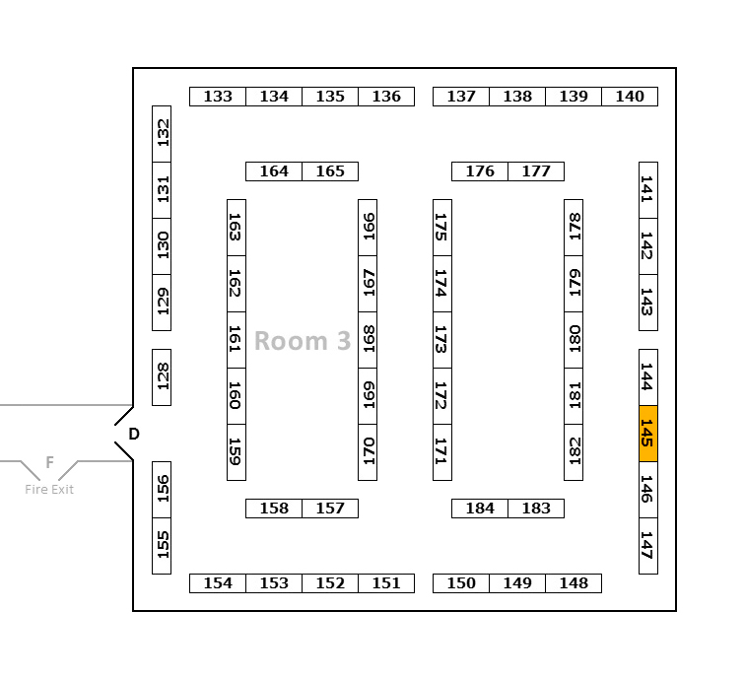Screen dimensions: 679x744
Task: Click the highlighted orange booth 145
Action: [x=647, y=433]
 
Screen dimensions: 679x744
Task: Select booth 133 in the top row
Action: [x=218, y=97]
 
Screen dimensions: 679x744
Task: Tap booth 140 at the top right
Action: [x=630, y=97]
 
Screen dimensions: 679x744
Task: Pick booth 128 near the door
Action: [x=162, y=376]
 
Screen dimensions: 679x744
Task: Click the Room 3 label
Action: [x=303, y=341]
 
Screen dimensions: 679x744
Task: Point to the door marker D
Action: [x=134, y=434]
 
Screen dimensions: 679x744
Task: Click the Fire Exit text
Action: [x=49, y=490]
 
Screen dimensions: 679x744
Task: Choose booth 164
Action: [x=274, y=171]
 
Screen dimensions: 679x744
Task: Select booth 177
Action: [x=536, y=171]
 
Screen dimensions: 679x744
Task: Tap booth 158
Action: [x=274, y=509]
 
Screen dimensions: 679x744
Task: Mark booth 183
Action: [x=536, y=509]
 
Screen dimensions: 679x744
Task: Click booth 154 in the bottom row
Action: [x=218, y=583]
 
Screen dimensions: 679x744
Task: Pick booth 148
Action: [x=574, y=583]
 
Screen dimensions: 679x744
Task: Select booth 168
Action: [x=368, y=339]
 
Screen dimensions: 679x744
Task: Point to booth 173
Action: [x=442, y=339]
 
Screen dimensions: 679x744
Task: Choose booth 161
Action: [x=237, y=339]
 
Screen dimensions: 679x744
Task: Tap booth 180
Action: [x=574, y=339]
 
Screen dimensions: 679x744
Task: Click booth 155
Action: [x=162, y=545]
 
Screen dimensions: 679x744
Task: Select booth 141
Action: [x=647, y=189]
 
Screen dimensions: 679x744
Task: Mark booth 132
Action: [x=162, y=133]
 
